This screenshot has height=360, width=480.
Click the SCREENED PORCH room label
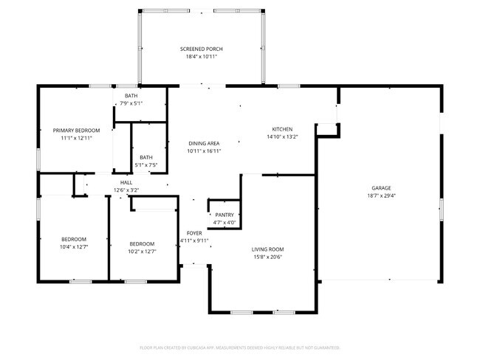pyautogui.click(x=202, y=49)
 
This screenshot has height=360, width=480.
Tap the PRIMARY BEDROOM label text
pyautogui.click(x=76, y=131)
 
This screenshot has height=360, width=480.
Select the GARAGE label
pyautogui.click(x=381, y=188)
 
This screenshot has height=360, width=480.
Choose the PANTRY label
pyautogui.click(x=224, y=215)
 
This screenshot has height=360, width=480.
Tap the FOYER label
pyautogui.click(x=194, y=233)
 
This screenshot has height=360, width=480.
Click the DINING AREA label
pyautogui.click(x=205, y=143)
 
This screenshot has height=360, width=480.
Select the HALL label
pyautogui.click(x=126, y=182)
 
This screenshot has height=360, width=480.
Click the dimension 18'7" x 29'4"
pyautogui.click(x=381, y=195)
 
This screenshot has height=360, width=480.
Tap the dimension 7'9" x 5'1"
pyautogui.click(x=131, y=103)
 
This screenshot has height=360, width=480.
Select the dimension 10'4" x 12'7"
pyautogui.click(x=74, y=246)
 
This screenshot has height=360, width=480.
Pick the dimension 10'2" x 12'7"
pyautogui.click(x=142, y=252)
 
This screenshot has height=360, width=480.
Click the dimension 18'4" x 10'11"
pyautogui.click(x=202, y=57)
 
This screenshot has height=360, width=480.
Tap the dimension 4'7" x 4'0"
pyautogui.click(x=224, y=222)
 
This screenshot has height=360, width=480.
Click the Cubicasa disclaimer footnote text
pyautogui.click(x=239, y=347)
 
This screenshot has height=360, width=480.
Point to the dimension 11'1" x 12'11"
pyautogui.click(x=76, y=138)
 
